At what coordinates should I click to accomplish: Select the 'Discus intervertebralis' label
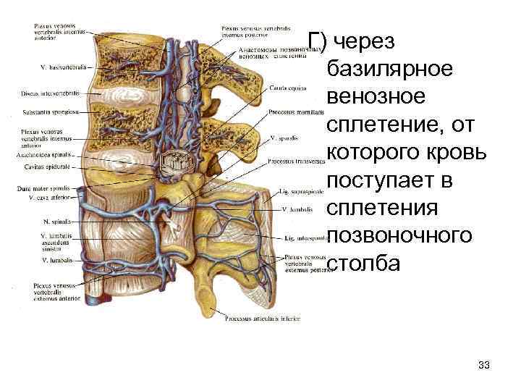[52, 92]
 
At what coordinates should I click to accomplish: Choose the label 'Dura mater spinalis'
[46, 188]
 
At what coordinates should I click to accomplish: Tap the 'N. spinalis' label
[56, 221]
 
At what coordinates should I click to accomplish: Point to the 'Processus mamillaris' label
[292, 112]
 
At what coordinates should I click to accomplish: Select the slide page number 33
[484, 365]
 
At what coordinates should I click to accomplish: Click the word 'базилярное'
[391, 69]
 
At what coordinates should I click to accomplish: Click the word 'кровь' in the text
[453, 151]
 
